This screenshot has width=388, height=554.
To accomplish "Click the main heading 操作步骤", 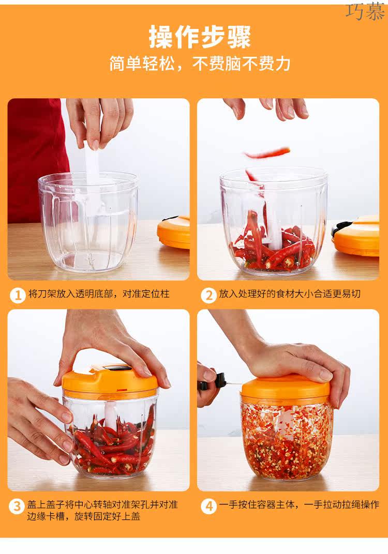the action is [x=200, y=37].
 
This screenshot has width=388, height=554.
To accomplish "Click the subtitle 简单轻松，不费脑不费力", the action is [x=200, y=64].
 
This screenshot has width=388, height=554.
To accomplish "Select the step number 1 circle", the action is [x=18, y=295].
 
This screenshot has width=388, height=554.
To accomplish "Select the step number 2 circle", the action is [x=208, y=295].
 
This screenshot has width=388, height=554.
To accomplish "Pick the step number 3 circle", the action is [x=17, y=506].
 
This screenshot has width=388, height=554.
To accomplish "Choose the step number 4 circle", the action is [x=208, y=506].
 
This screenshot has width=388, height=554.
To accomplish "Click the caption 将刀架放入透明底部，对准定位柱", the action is [x=99, y=294].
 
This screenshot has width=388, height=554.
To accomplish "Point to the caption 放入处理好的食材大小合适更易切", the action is [x=290, y=294].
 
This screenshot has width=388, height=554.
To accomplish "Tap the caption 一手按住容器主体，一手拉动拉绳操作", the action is [x=299, y=504].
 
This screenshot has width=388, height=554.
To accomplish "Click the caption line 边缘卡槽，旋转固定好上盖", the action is [x=84, y=517].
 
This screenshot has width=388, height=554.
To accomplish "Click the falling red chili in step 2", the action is [x=266, y=153].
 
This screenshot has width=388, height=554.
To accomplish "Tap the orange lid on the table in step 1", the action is [x=174, y=232].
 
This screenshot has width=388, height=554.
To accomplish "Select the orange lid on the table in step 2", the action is [x=355, y=235].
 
